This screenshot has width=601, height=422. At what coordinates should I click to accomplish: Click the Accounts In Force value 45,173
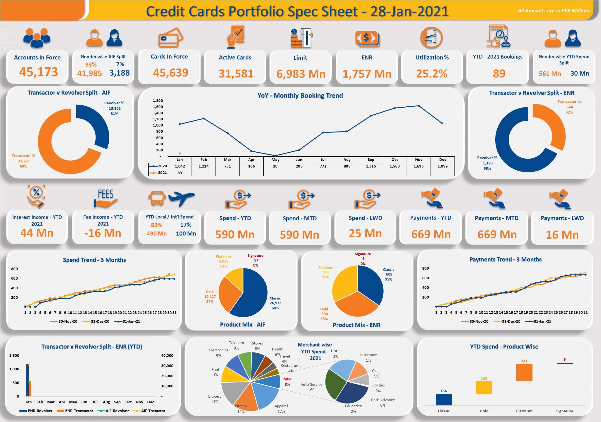pos(38,72)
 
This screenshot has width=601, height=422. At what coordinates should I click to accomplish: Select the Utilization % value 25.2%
pos(432,74)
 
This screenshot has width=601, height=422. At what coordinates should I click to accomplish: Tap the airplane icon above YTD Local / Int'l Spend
pos(182,198)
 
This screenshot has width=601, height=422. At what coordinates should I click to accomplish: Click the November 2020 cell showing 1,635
pos(418,166)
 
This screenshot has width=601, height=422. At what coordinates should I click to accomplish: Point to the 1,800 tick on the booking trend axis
pos(158,100)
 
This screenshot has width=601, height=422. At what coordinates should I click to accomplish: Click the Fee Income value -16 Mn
pos(103,233)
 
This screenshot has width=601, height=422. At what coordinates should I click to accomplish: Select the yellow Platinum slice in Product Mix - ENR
pos(344,284)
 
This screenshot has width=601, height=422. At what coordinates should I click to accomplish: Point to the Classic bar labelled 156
pos(443,400)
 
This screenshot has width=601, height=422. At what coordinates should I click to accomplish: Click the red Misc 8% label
pos(287,382)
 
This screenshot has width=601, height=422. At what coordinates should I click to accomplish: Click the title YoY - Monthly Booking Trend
pos(300,95)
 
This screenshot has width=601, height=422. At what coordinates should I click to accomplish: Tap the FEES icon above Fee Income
pos(106,198)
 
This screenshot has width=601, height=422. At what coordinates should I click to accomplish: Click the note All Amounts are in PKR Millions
pos(554,11)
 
